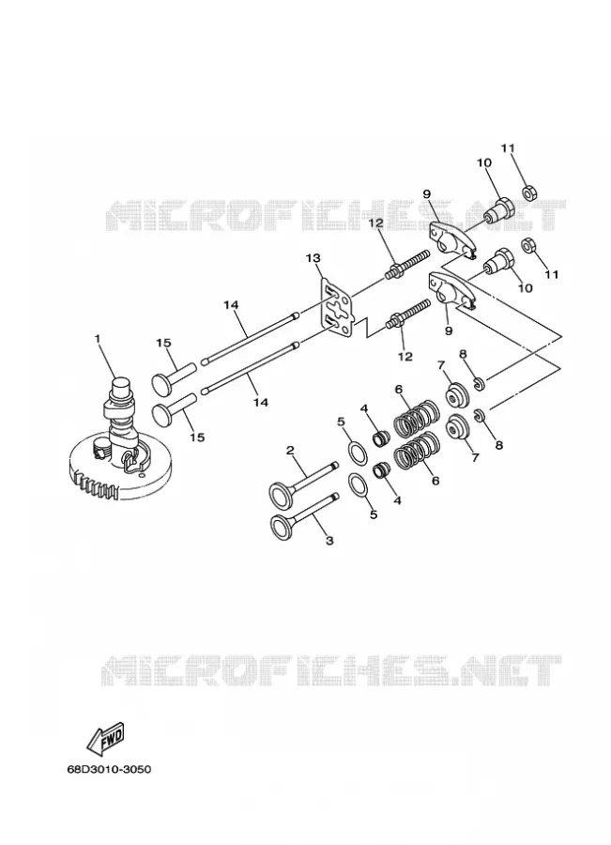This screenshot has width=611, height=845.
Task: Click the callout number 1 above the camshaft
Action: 98,338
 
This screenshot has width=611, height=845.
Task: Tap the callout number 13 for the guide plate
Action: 313,258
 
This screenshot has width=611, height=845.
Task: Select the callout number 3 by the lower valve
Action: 329,540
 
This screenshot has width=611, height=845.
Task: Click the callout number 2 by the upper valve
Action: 290,450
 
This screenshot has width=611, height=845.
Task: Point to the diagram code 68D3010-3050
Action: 110,768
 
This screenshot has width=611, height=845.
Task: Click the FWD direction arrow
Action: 106,739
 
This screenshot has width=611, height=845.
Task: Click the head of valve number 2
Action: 281,494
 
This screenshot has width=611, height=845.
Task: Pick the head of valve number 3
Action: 281,527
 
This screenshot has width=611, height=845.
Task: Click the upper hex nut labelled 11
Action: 528,192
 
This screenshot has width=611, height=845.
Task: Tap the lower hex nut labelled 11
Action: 527,246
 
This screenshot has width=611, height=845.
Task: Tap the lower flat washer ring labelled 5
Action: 359,484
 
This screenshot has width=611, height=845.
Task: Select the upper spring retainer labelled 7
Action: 458,394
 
